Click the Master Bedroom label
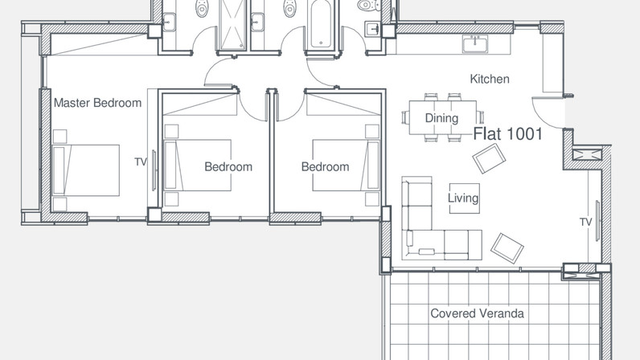[97, 103]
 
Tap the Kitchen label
[490, 79]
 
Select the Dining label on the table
[441, 118]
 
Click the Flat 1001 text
[508, 134]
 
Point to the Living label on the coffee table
[463, 198]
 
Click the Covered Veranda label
[477, 313]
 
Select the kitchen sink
[475, 43]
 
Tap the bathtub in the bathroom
[322, 23]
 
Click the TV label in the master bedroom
[141, 162]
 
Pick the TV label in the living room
[585, 222]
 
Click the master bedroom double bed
[86, 170]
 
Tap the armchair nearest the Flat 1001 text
[489, 158]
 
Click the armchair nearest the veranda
[507, 248]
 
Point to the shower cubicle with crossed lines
[232, 24]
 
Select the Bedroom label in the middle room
[228, 166]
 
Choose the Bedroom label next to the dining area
[326, 166]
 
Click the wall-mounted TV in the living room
[597, 220]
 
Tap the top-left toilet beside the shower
[201, 8]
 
